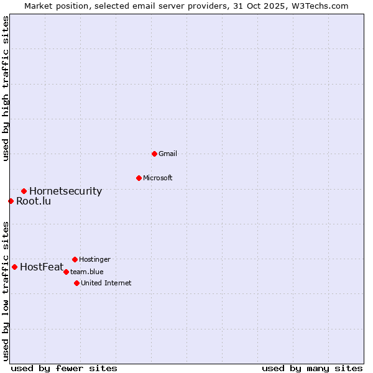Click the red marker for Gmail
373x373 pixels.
pos(154,154)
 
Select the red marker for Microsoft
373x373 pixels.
pos(139,178)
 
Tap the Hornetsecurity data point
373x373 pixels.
pos(24,191)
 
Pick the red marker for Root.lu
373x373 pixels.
pos(11,201)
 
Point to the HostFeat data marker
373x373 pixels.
pos(14,267)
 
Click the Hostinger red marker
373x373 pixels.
pos(75,259)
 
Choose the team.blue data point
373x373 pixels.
pos(66,272)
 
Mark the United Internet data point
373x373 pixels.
pos(76,283)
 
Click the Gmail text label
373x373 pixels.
pos(168,154)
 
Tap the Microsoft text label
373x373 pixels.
pos(158,178)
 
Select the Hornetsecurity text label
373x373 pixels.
pos(65,191)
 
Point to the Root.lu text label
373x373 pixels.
pos(34,201)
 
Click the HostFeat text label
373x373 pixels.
pos(42,267)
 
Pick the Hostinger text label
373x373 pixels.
pos(94,259)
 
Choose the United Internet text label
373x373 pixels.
pos(106,283)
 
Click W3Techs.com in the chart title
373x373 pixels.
pos(321,6)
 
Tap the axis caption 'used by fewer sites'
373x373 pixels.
pos(64,368)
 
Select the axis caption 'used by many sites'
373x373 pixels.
pos(312,368)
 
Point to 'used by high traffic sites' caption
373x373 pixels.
pos(6,88)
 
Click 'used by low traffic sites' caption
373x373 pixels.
pos(6,290)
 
